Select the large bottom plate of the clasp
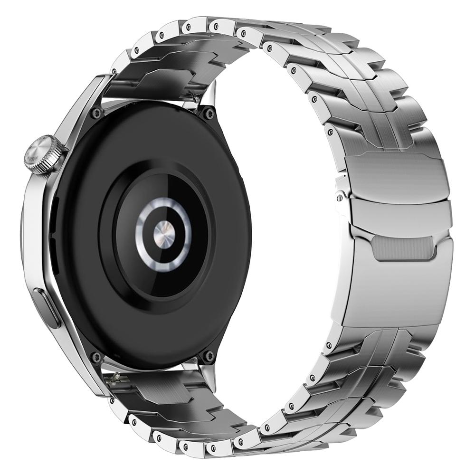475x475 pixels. (397, 290)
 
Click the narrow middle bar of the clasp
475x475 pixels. (399, 211)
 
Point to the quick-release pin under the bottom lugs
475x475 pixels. (117, 378)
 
